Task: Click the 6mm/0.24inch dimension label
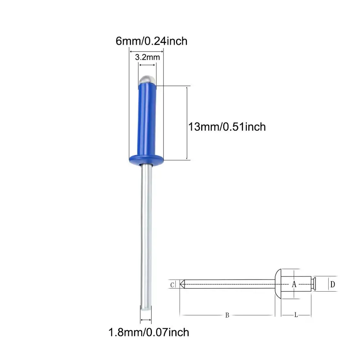point(152,41)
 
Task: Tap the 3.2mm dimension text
point(147,57)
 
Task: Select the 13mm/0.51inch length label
point(227,127)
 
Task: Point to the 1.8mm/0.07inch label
point(149,332)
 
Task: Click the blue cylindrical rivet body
point(147,120)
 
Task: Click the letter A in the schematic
point(294,284)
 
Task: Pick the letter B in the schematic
point(227,315)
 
